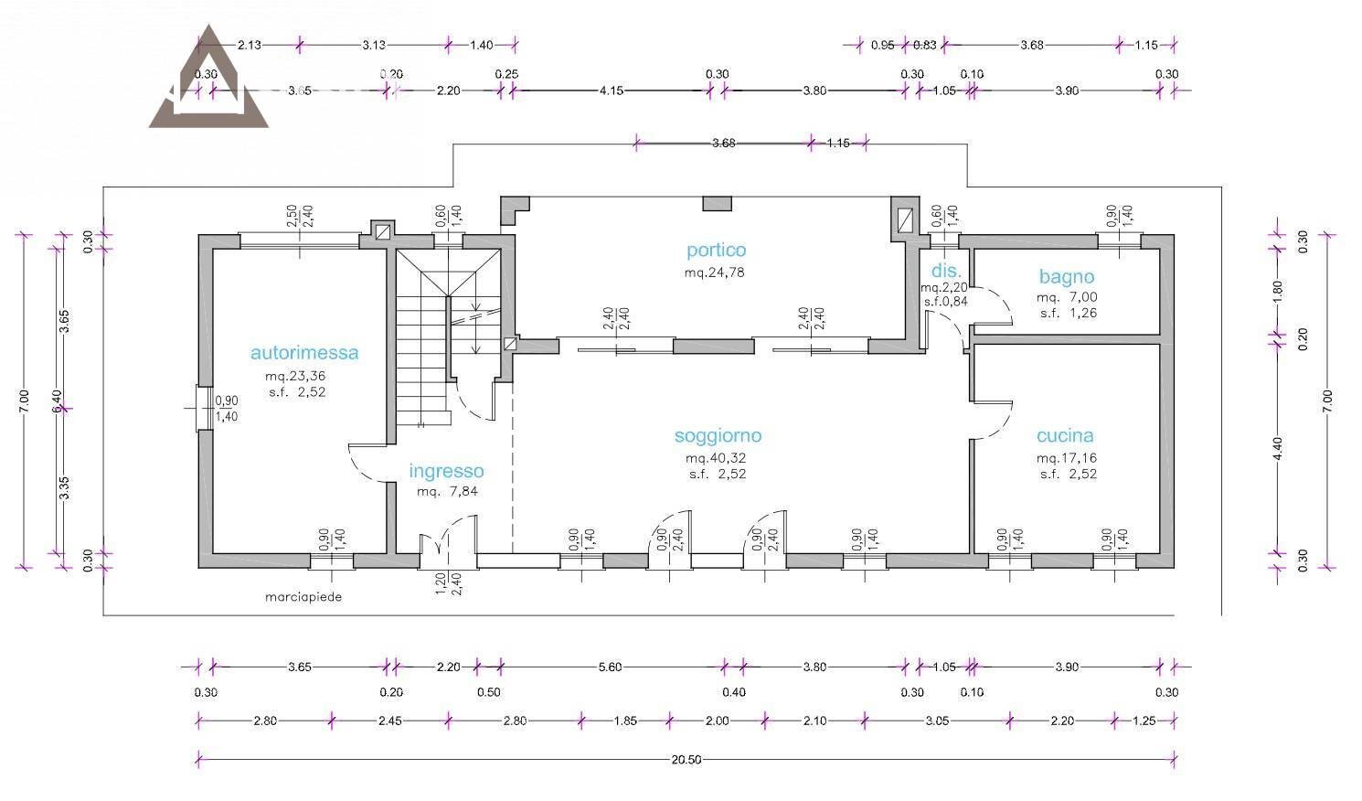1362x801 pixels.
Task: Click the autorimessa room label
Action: point(304,353)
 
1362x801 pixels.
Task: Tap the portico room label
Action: point(716,250)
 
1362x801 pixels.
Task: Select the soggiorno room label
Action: point(718,435)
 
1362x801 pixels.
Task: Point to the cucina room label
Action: point(1065,435)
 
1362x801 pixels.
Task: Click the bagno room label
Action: point(1067,277)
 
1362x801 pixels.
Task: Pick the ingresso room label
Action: point(446,471)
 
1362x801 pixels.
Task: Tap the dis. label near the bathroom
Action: point(946,272)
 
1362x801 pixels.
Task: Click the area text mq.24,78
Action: point(715,272)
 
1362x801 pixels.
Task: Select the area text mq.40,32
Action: point(716,458)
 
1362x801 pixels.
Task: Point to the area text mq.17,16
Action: point(1067,458)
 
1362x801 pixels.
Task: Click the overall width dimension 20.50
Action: point(686,759)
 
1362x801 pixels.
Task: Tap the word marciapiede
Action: point(303,597)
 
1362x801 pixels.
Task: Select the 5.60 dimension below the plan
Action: point(610,667)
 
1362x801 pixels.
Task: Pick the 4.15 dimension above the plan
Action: point(612,91)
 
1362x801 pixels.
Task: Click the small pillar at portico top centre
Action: point(717,203)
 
